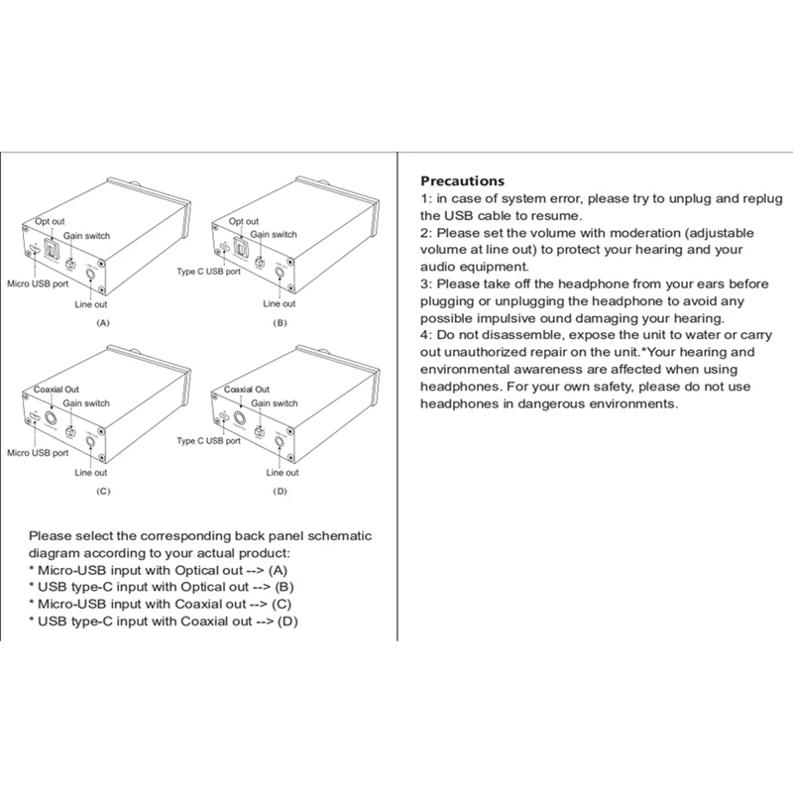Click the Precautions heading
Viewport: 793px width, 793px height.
pyautogui.click(x=463, y=181)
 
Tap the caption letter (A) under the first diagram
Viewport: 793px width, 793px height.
pyautogui.click(x=103, y=324)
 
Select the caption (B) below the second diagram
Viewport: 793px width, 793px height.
pyautogui.click(x=279, y=324)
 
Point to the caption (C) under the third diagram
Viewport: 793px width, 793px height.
pyautogui.click(x=103, y=492)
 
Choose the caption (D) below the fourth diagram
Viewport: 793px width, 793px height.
pyautogui.click(x=279, y=492)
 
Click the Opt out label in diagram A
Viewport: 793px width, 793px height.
pyautogui.click(x=50, y=221)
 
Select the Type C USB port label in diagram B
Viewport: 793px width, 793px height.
pyautogui.click(x=209, y=271)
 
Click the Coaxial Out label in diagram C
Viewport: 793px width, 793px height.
pyautogui.click(x=57, y=390)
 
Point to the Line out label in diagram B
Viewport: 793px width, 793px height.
pyautogui.click(x=279, y=303)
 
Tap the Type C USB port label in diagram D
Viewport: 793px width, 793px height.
pyautogui.click(x=209, y=439)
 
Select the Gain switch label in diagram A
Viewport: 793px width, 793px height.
pyautogui.click(x=87, y=235)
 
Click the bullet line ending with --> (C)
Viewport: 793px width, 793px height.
pyautogui.click(x=163, y=603)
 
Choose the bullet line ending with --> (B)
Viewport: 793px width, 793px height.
pyautogui.click(x=160, y=586)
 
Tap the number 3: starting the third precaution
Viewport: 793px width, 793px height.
pyautogui.click(x=427, y=283)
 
